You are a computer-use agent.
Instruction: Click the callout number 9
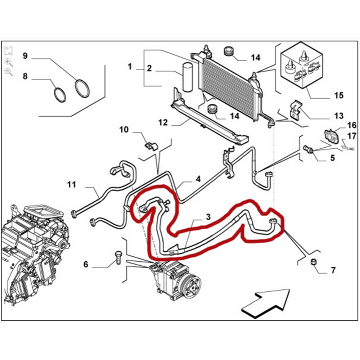[x=25, y=56]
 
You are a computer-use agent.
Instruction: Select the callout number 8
[x=25, y=76]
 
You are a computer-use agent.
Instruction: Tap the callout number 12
[x=163, y=123]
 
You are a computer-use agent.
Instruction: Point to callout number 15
[x=339, y=95]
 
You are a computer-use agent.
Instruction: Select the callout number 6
[x=86, y=265]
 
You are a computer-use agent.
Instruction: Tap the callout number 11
[x=72, y=185]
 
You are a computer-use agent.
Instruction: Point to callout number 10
[x=123, y=130]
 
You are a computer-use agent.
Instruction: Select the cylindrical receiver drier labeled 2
[x=188, y=77]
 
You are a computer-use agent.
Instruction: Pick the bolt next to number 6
[x=117, y=256]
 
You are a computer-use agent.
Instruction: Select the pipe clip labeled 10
[x=149, y=145]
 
